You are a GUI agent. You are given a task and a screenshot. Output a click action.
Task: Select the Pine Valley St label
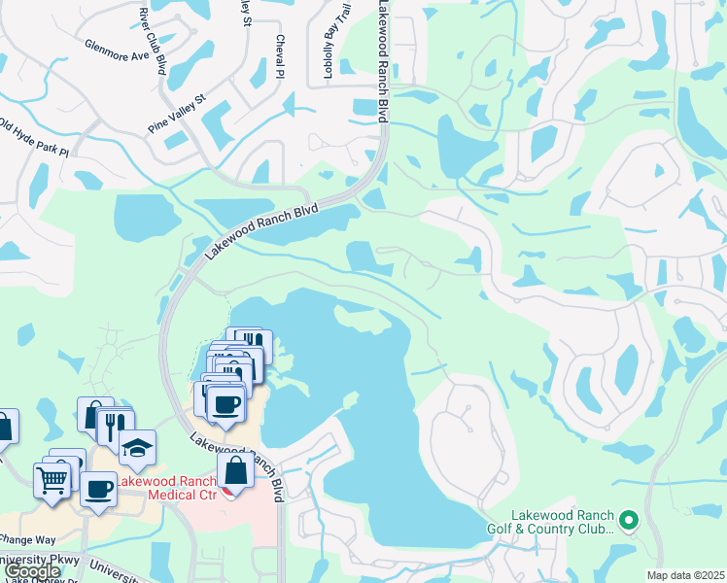[178, 113]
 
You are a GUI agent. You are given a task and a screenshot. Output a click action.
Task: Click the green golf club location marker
[628, 521]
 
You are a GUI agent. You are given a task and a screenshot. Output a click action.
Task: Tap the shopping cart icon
[52, 478]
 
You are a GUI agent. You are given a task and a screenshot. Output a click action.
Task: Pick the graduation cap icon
[138, 447]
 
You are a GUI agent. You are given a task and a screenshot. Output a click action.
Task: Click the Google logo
[31, 572]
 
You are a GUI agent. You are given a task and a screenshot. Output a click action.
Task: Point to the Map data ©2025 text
[685, 575]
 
